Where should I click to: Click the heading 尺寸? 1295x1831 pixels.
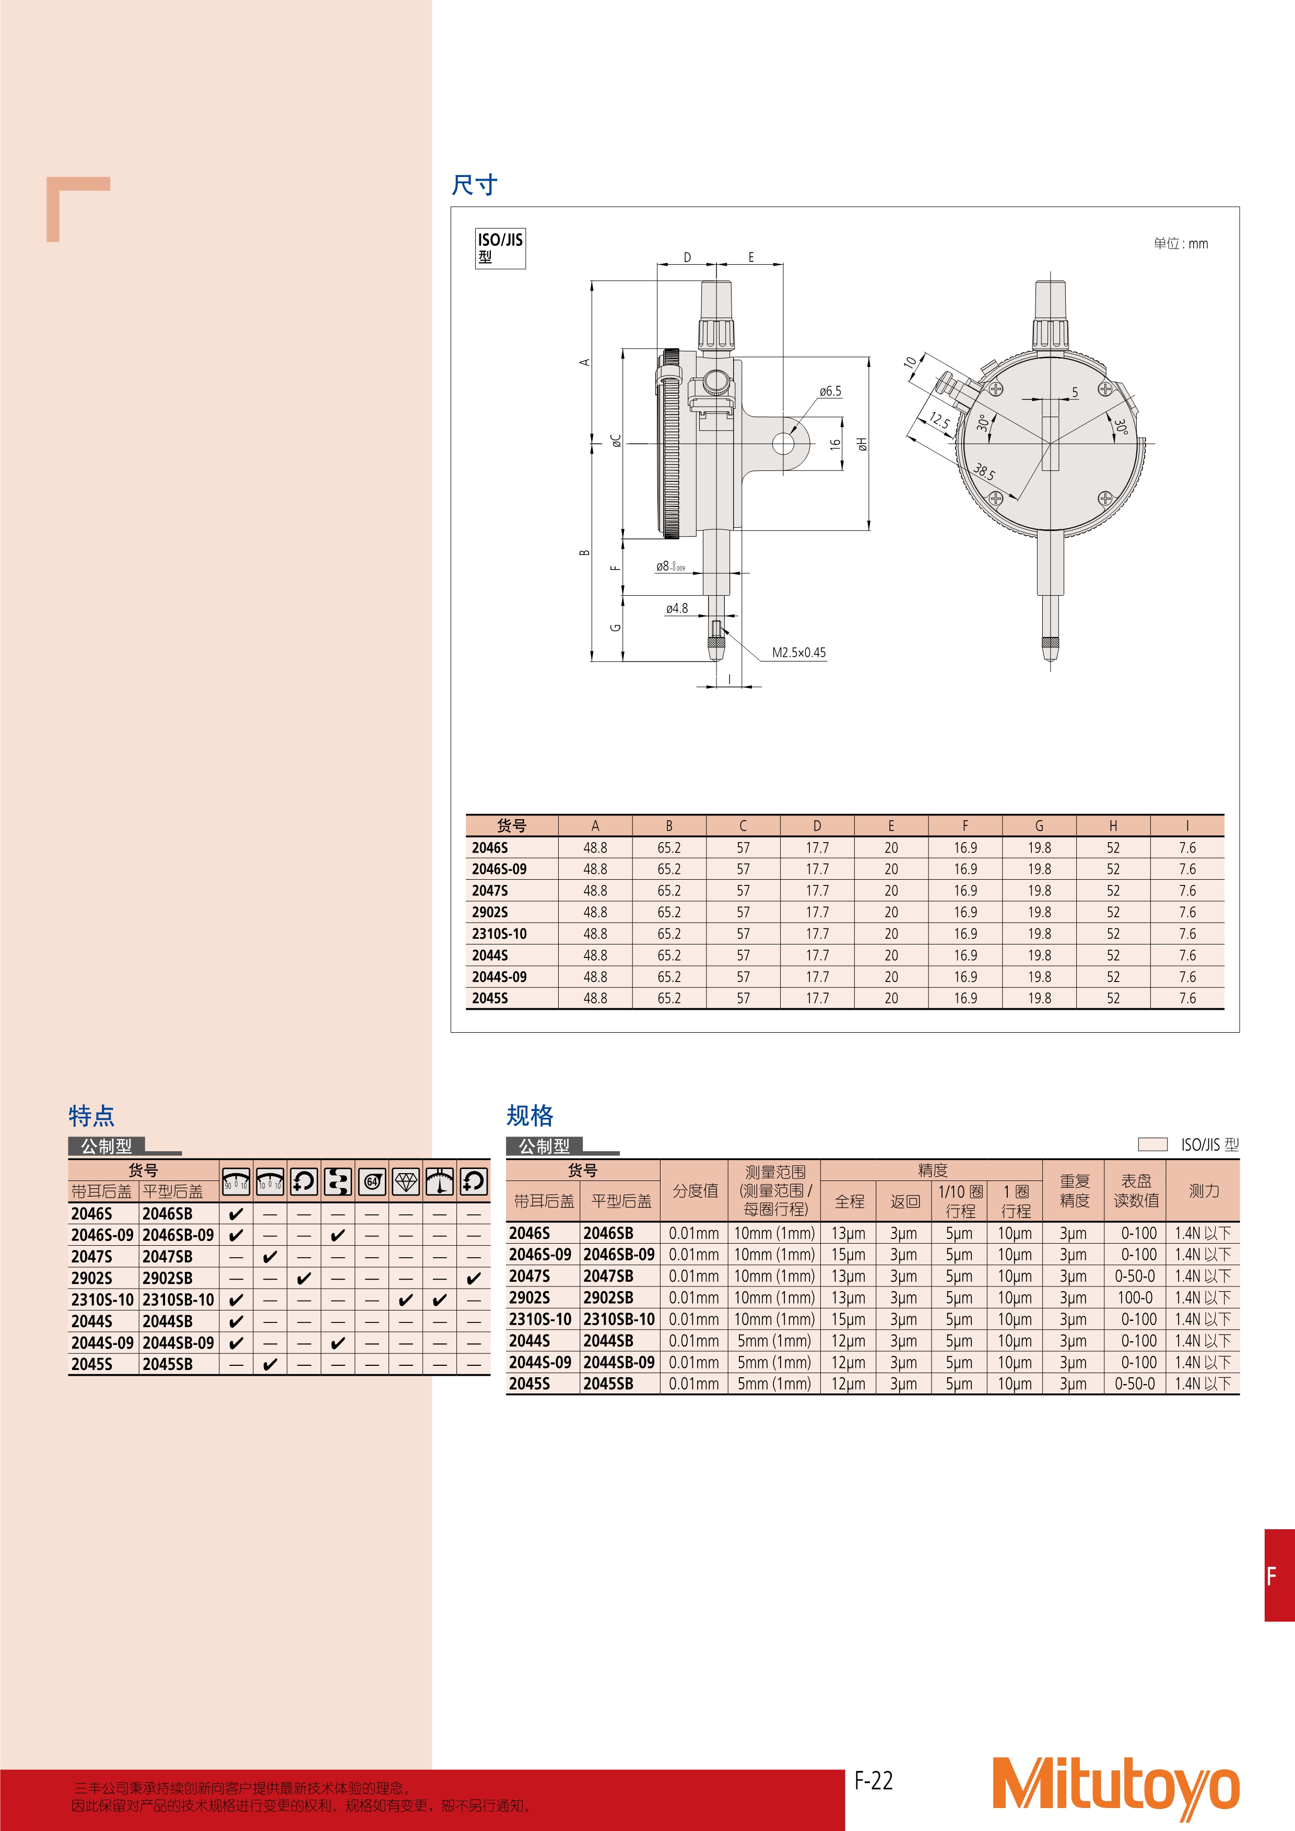point(475,185)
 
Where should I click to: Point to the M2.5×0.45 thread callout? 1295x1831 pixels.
point(798,652)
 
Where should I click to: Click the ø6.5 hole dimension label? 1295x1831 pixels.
point(830,392)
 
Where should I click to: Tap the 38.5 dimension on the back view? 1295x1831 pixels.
point(984,472)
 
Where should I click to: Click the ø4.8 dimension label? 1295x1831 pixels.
point(677,608)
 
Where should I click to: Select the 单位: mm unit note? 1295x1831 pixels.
point(1180,243)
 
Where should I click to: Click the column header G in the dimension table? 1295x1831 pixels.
point(1039,826)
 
